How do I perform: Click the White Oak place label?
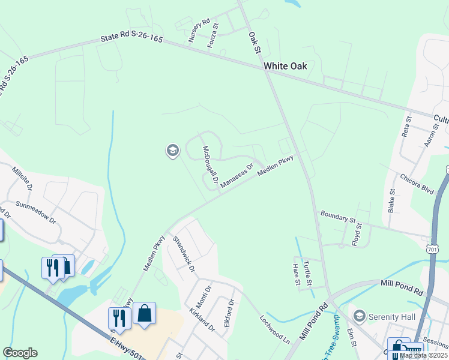pos(285,66)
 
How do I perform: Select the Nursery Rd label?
pos(199,30)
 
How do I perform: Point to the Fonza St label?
pos(212,36)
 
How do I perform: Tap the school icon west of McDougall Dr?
pos(172,151)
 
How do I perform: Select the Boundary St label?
pos(339,216)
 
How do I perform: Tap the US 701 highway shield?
pos(432,248)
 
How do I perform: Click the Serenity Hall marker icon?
pos(360,316)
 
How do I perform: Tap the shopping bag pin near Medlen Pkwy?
pos(145,313)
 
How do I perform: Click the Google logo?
pos(20,353)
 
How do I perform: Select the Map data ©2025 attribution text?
pos(423,355)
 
